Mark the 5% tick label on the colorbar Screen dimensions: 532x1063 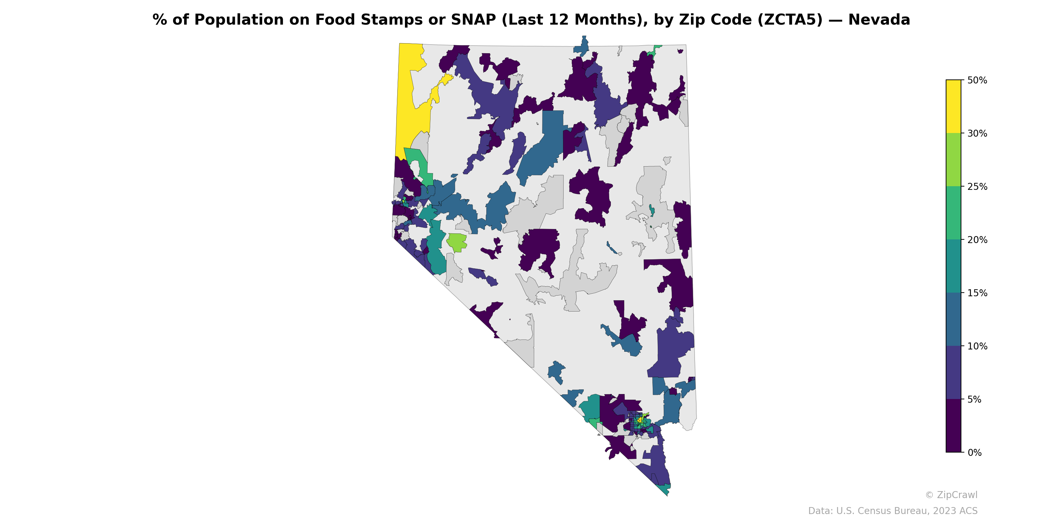974,399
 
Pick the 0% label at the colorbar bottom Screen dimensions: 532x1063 974,453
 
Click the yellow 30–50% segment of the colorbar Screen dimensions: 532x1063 953,106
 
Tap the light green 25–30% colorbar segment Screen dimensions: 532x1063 953,160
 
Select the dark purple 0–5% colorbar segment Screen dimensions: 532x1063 953,426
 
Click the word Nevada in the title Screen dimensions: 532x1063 879,20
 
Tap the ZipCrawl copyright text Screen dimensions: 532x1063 951,495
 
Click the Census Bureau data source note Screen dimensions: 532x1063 893,511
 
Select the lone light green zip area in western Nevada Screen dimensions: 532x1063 456,242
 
